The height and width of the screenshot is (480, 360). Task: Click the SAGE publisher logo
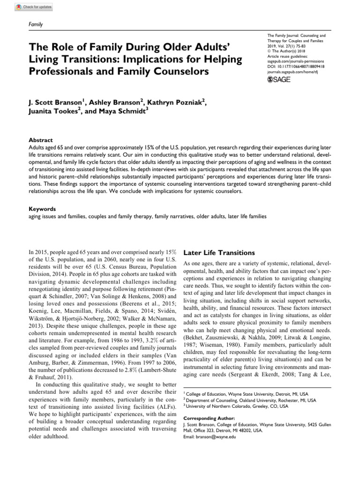(x=278, y=80)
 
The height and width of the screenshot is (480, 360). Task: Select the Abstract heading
(x=40, y=140)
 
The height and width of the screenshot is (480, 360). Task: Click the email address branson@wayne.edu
(x=209, y=436)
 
